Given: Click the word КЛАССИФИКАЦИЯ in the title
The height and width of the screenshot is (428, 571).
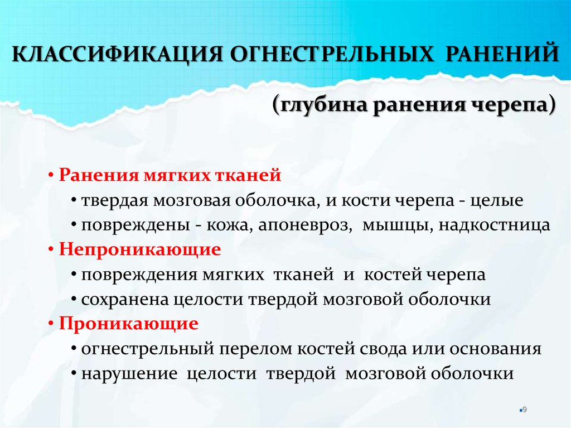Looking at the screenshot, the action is tap(117, 54).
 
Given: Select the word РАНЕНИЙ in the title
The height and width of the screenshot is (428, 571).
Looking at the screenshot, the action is tap(502, 54).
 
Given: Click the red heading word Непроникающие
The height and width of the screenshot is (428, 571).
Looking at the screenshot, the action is tap(140, 249).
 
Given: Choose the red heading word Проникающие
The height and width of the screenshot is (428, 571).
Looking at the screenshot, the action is tap(129, 323).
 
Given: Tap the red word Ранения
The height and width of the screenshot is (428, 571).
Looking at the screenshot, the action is tap(99, 175).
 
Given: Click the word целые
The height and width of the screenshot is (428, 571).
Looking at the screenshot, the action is tap(496, 200).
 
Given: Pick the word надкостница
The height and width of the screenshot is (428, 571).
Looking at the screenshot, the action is tap(494, 225).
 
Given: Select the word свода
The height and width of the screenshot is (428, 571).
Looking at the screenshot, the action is tap(383, 349).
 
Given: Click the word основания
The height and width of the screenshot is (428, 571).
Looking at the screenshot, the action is tap(495, 349).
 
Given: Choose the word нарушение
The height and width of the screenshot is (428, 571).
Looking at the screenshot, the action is tap(129, 374).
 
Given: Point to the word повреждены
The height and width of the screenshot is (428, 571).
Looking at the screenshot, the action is tap(136, 225).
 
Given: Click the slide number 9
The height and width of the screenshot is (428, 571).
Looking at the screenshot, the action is tap(525, 410).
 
